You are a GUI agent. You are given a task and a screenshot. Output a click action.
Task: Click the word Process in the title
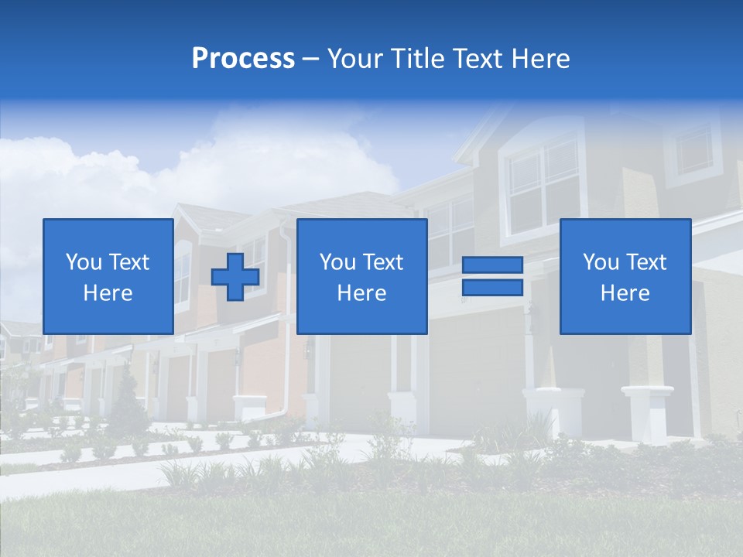click(x=243, y=59)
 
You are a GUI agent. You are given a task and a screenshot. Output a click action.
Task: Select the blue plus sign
click(x=235, y=277)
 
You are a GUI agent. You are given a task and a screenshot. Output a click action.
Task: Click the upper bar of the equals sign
click(x=492, y=265)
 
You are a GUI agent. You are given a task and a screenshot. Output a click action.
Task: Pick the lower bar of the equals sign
click(x=492, y=287)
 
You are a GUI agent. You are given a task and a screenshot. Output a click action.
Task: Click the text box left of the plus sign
click(x=108, y=276)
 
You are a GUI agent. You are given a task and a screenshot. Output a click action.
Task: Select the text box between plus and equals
click(x=361, y=276)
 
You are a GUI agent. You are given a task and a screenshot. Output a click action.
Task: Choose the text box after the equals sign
click(x=625, y=276)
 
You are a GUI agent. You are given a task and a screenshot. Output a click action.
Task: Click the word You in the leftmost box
click(x=84, y=262)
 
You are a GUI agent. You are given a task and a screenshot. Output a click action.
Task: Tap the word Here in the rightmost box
click(x=625, y=293)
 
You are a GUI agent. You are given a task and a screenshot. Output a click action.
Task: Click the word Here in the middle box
click(x=361, y=293)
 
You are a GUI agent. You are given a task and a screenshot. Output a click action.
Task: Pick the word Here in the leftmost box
click(x=108, y=293)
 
